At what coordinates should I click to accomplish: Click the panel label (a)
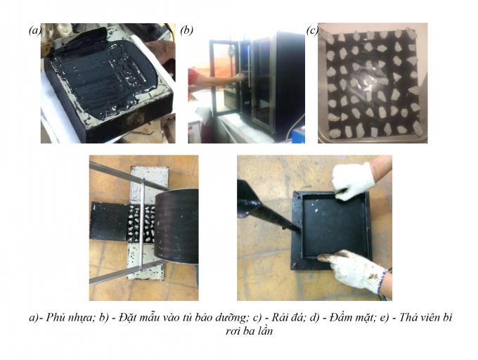34,30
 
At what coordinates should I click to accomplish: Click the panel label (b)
186,30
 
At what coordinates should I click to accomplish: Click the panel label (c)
313,30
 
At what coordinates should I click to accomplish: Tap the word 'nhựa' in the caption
80,318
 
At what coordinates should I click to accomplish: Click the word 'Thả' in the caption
408,317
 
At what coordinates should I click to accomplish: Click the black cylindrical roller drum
176,226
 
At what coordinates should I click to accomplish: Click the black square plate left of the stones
108,221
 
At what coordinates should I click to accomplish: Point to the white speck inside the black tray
317,210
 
